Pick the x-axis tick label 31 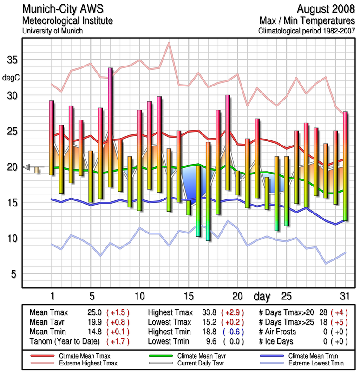coord(344,296)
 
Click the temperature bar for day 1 coord(52,138)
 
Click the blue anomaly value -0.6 coord(233,331)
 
